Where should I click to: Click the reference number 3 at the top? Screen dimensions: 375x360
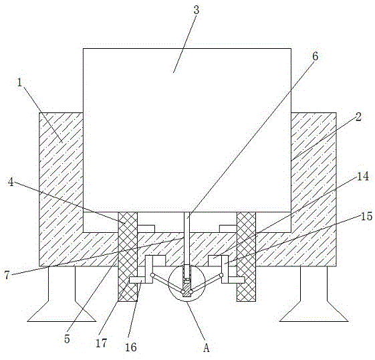tap(197, 11)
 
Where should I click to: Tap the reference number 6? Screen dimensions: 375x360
tap(316, 56)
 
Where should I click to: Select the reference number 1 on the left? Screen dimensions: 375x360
tap(19, 82)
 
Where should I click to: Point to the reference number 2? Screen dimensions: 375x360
tap(358, 117)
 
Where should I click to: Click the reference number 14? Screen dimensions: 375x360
tap(363, 177)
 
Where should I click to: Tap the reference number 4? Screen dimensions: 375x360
tap(11, 182)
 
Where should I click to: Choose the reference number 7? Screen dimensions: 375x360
tap(7, 275)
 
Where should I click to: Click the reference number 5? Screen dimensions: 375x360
tap(67, 339)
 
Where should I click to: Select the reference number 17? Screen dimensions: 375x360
tap(101, 343)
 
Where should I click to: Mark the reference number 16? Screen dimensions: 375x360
tap(131, 347)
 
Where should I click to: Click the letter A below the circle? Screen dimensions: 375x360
tap(207, 348)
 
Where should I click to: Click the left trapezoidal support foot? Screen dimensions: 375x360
tap(61, 294)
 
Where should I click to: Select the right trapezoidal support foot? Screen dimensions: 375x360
tap(314, 294)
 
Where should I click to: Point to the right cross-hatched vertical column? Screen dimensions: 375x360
tap(246, 256)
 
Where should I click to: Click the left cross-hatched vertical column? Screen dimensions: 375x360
tap(128, 256)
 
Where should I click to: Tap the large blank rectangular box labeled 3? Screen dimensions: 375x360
tap(187, 130)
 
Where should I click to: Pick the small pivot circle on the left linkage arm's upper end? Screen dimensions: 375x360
tap(152, 275)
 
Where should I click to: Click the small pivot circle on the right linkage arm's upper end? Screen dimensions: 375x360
tap(221, 275)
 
